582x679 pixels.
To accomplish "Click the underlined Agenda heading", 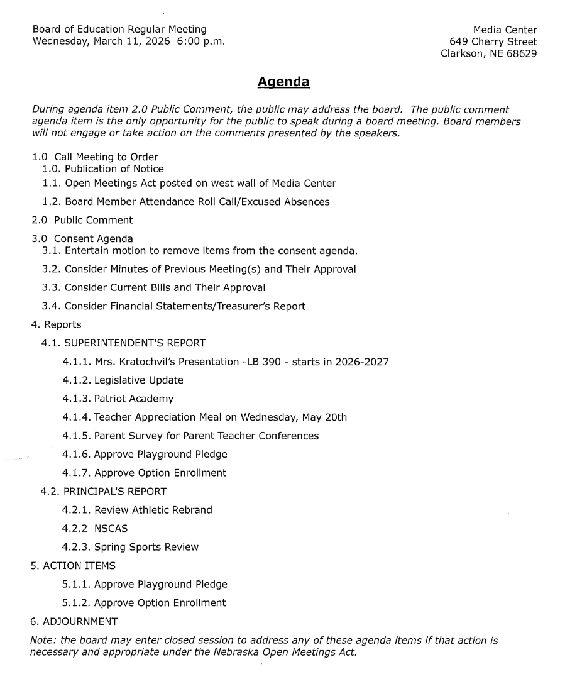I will coord(283,82).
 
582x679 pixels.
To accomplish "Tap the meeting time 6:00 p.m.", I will coord(201,41).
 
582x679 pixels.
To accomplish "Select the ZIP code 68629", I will coord(521,53).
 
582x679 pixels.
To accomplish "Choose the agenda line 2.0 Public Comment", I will coord(82,220).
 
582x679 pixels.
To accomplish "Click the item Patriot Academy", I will coord(134,399).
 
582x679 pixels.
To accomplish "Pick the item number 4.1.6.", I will coord(76,454).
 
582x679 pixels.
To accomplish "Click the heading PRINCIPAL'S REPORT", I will coord(114,491).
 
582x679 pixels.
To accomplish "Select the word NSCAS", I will coord(111,528).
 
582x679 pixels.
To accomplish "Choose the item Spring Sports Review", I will coord(146,547).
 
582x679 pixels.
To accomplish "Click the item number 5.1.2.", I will coord(76,602).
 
